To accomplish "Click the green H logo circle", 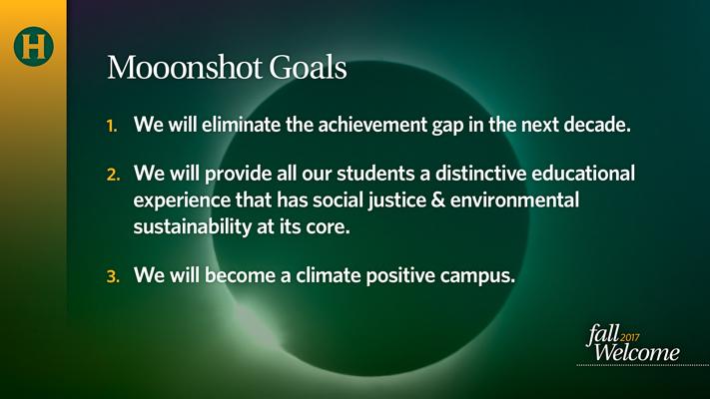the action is click(x=34, y=46).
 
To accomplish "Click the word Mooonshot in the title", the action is click(x=185, y=68).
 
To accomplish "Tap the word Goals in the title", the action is click(x=308, y=68).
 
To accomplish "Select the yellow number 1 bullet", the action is click(x=112, y=126).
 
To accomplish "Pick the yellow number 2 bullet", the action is click(x=113, y=175).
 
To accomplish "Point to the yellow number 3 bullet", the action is click(x=113, y=276).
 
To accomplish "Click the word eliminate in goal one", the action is click(x=241, y=125).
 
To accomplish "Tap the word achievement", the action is click(x=372, y=125).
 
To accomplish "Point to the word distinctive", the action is click(x=480, y=174).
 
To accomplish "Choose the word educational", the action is click(x=583, y=174).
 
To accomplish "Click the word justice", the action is click(x=397, y=200).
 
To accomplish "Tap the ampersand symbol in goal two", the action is click(x=438, y=199).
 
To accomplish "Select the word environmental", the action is click(x=514, y=199).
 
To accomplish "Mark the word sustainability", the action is click(x=193, y=227).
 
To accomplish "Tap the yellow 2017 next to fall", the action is click(x=630, y=337).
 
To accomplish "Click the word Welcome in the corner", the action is click(x=637, y=352).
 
